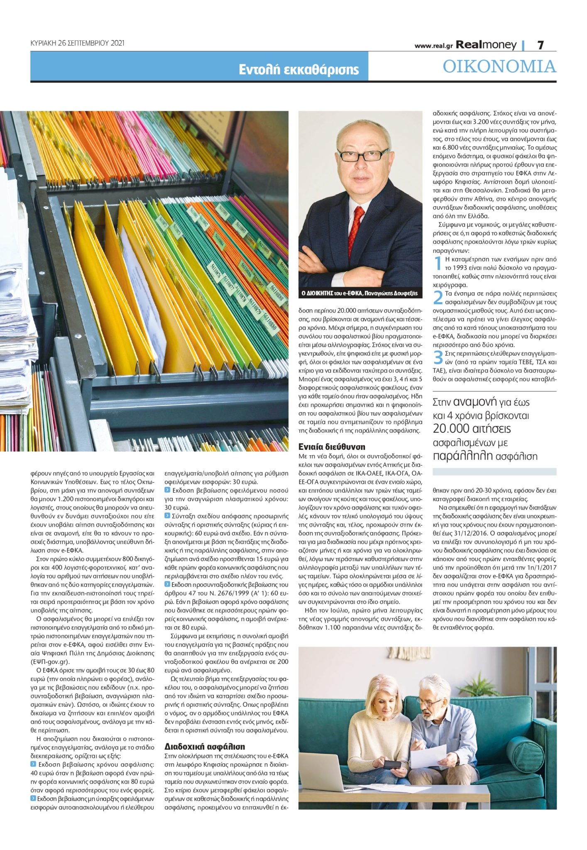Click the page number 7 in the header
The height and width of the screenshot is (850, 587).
click(540, 45)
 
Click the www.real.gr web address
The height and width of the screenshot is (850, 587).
click(433, 46)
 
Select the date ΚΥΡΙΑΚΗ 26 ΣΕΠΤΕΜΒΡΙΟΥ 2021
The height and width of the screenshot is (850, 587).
click(78, 43)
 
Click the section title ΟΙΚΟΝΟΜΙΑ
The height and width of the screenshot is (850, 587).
click(499, 66)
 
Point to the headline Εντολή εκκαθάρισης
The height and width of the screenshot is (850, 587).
click(298, 69)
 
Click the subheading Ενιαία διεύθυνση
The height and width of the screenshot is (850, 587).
click(332, 447)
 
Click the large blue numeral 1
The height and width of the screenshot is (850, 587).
click(438, 263)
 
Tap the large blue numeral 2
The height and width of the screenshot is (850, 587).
click(438, 298)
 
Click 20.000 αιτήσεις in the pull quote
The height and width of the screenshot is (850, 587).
click(472, 429)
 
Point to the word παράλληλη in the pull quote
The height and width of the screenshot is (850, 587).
click(463, 456)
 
